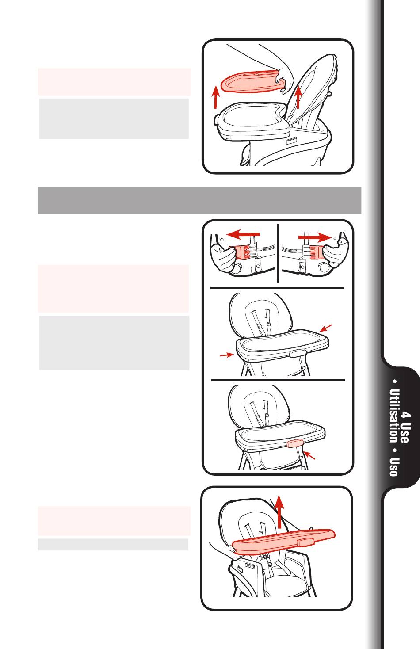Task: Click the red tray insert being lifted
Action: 252,82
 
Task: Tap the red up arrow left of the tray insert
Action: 215,97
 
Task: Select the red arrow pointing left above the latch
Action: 243,234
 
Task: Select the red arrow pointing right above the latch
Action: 315,237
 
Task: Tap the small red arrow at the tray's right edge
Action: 325,328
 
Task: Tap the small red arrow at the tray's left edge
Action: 227,355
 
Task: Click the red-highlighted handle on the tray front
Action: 295,443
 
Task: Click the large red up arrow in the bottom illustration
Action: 279,512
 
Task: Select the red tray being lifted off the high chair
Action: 283,542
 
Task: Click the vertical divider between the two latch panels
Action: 278,252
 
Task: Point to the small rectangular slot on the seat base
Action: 292,141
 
